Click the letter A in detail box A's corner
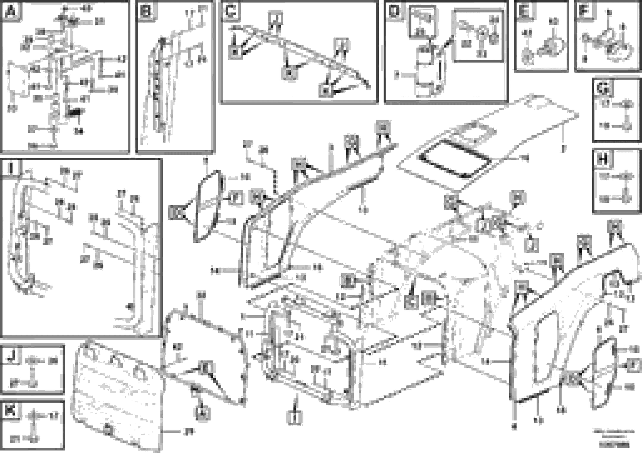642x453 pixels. point(11,11)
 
